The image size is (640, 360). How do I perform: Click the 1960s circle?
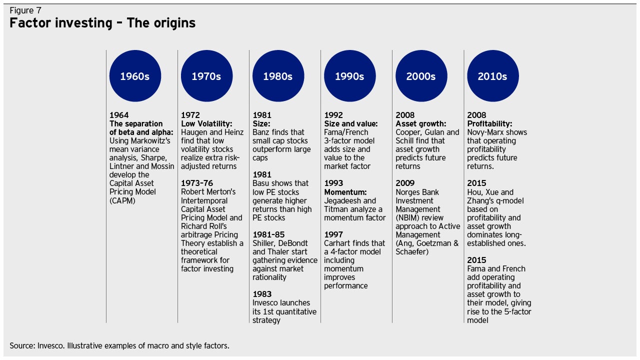pos(135,76)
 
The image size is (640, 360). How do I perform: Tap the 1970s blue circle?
pos(206,76)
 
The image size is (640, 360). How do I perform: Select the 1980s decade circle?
pos(278,76)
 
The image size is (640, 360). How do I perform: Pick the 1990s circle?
pos(349,76)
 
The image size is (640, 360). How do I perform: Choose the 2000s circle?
pos(421,76)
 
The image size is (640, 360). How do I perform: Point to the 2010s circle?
pos(492,76)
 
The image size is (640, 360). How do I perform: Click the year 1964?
pos(119,115)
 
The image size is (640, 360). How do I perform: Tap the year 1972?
pos(190,115)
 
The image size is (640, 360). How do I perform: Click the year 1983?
pos(262,294)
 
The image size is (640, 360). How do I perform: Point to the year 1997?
pos(333,234)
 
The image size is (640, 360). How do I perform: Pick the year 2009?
pos(405,183)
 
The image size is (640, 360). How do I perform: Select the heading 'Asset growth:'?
pos(420,123)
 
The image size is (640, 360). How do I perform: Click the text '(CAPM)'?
pos(122,200)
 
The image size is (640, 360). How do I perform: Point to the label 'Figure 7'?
pos(25,10)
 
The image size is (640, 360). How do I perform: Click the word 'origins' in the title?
pos(174,23)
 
